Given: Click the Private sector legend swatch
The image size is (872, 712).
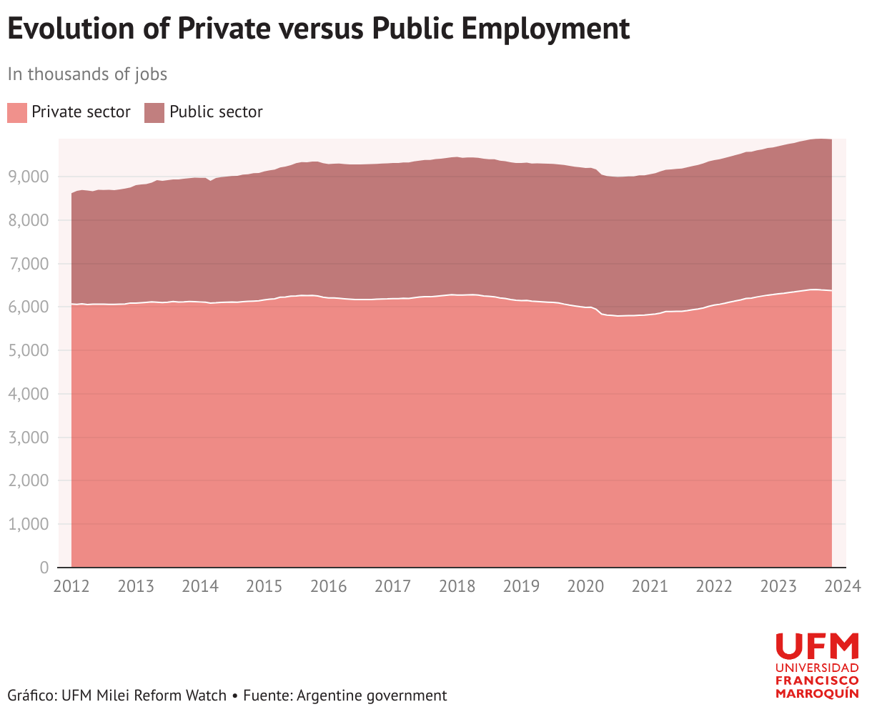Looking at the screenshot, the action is click(17, 112).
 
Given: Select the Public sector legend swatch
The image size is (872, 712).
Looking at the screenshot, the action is click(154, 112).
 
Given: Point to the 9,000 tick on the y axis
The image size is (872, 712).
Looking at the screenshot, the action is click(28, 177).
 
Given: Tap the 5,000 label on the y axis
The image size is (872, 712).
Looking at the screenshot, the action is click(28, 350).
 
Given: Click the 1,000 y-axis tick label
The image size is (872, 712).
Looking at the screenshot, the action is click(28, 524).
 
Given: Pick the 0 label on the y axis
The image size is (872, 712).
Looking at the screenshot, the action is click(44, 568).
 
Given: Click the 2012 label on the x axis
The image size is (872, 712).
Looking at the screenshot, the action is click(71, 586).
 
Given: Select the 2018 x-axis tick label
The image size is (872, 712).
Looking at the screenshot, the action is click(457, 586).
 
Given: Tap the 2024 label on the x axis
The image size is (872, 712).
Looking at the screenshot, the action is click(842, 586).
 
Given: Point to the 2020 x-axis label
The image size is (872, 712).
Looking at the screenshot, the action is click(585, 586).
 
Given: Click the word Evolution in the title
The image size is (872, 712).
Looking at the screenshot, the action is click(71, 29).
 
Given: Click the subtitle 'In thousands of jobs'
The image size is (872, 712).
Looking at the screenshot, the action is click(87, 75).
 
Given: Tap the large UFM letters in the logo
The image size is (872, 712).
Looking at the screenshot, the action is click(817, 646).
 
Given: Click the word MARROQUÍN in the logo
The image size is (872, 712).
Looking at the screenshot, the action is click(817, 693).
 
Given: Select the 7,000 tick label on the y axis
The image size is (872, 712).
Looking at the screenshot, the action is click(28, 263).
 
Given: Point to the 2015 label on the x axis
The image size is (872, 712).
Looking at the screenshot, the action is click(264, 586).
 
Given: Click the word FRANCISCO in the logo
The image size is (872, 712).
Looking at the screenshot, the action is click(817, 681).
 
